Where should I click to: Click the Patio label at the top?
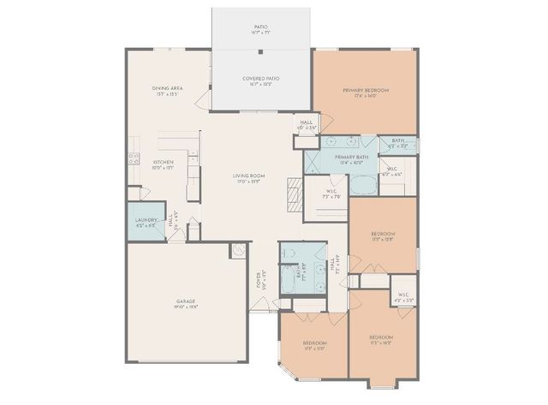tap(261, 29)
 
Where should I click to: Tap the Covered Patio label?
tap(261, 80)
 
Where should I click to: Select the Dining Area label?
tap(165, 90)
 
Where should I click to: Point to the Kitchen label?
tap(164, 164)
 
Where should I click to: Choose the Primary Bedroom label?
tap(366, 92)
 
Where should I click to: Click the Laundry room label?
tap(146, 222)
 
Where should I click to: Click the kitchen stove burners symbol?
tap(134, 157)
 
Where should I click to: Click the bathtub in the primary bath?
tap(365, 184)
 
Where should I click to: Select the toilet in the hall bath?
tap(289, 253)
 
